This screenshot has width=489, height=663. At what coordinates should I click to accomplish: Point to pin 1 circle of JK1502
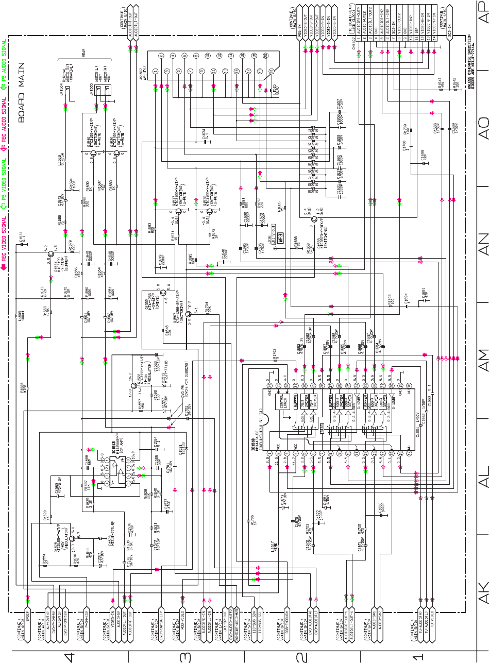point(161,55)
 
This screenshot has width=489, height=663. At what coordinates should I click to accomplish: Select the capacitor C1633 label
point(20,237)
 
